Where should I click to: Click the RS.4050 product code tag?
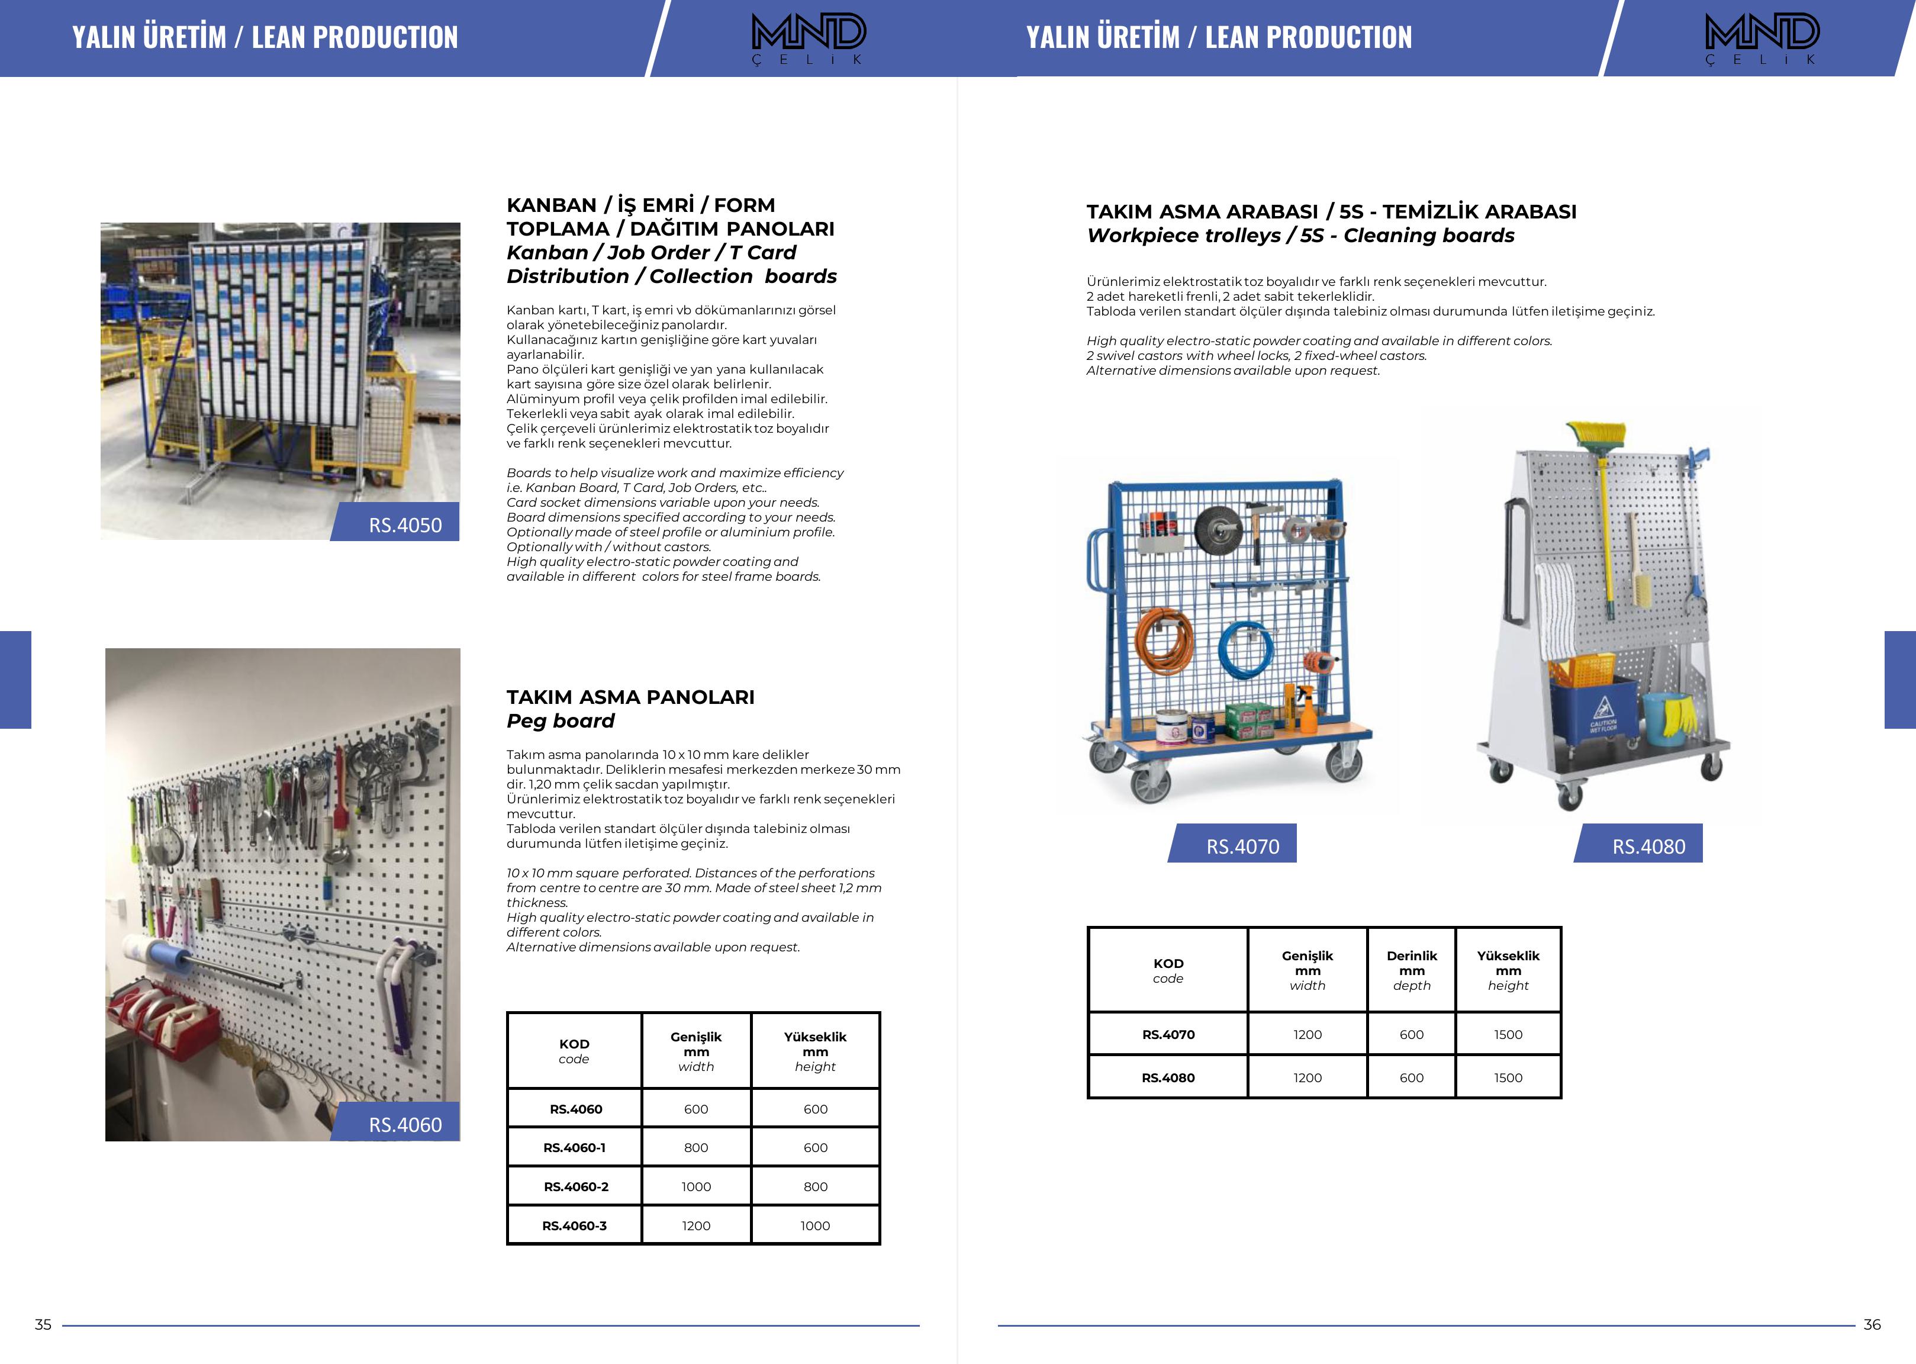point(404,524)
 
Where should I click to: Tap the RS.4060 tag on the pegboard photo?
point(404,1124)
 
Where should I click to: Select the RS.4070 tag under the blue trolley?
point(1242,846)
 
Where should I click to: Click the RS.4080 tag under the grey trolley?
point(1647,846)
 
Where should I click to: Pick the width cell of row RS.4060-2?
point(695,1186)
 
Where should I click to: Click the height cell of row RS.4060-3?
point(814,1225)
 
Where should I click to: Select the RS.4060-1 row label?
point(574,1147)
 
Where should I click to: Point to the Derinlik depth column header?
point(1411,970)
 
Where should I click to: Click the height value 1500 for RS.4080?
point(1507,1077)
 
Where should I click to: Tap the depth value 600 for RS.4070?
point(1411,1034)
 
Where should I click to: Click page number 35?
point(43,1324)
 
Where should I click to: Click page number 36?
point(1872,1324)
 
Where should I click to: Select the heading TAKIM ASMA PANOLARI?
point(630,697)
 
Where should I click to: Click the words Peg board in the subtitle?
point(560,720)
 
